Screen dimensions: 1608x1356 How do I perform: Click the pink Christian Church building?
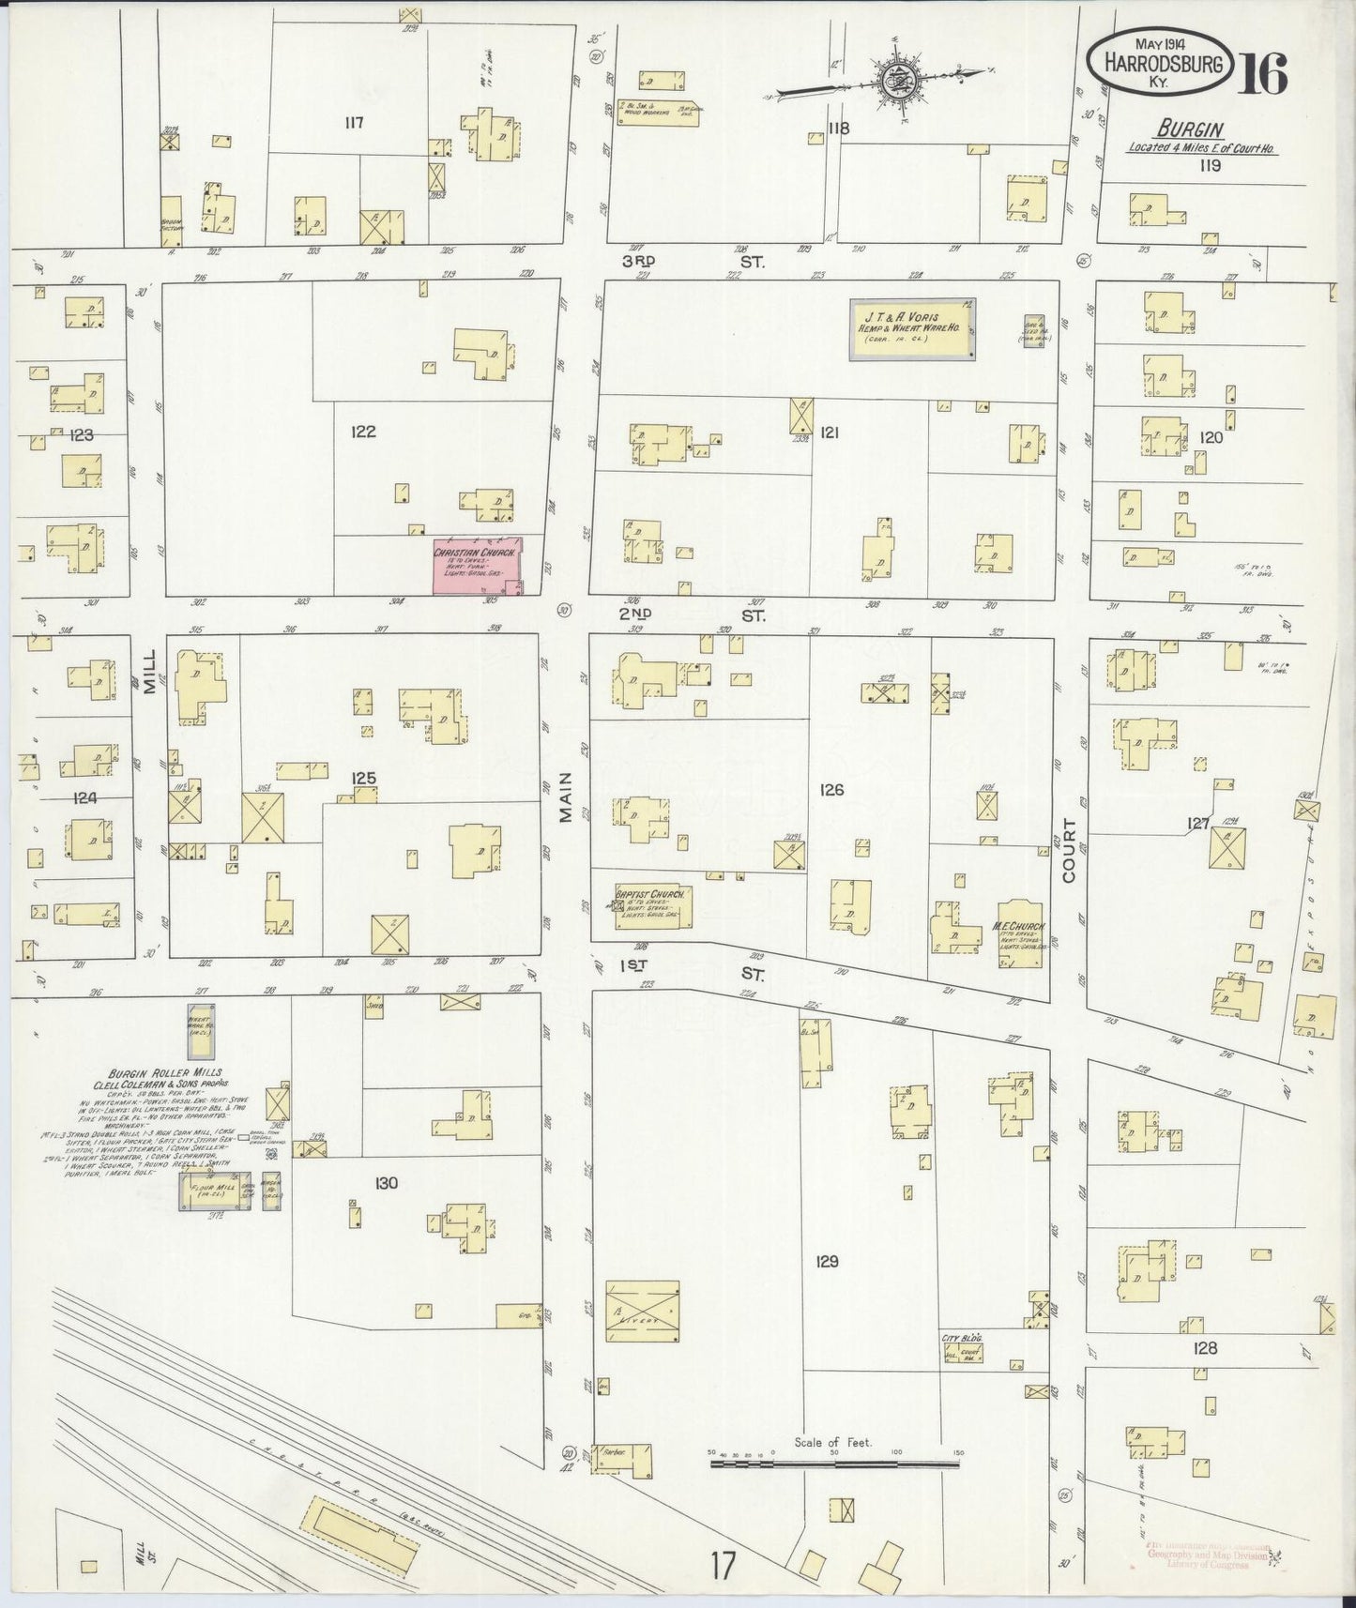coord(477,566)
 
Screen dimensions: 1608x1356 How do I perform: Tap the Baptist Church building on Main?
coord(654,907)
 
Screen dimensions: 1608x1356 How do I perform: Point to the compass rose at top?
coord(891,80)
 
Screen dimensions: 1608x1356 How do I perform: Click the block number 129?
coord(827,1261)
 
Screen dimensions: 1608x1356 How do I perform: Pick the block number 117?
coord(353,122)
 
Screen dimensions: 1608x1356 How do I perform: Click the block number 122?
coord(363,432)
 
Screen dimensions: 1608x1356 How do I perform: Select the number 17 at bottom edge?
coord(723,1566)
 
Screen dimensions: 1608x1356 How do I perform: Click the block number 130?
coord(386,1183)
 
